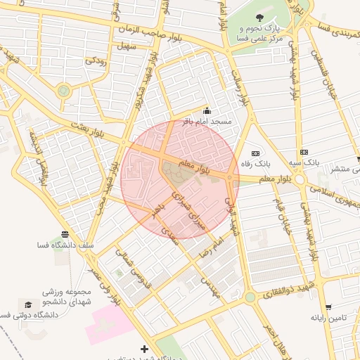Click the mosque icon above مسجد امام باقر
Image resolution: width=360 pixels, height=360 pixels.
[x=207, y=111]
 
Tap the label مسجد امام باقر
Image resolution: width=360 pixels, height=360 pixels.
[x=207, y=122]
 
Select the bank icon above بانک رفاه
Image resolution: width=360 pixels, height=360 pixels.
[x=255, y=153]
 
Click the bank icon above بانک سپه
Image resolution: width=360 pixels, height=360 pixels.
[x=304, y=152]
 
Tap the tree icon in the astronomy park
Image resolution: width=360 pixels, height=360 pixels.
[x=261, y=18]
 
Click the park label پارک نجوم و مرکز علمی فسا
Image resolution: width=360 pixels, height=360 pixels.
[x=261, y=34]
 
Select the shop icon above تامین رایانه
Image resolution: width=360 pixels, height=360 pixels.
[x=328, y=307]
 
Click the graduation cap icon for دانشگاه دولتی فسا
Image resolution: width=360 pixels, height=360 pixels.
[x=28, y=304]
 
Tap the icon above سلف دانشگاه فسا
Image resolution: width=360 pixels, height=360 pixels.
[x=65, y=234]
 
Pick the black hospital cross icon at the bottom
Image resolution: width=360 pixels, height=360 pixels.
[x=144, y=349]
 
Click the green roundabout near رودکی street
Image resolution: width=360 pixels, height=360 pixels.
[x=64, y=91]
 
